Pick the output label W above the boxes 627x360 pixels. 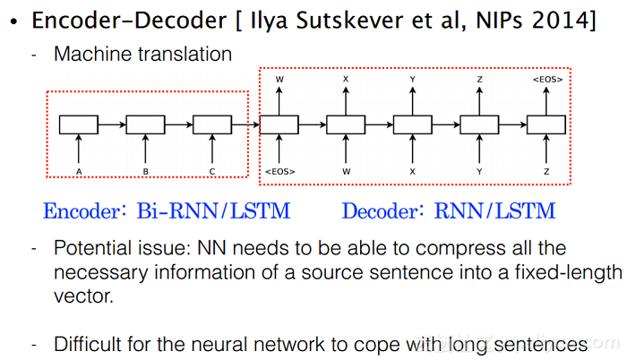[x=279, y=80]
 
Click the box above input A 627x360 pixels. [x=81, y=125]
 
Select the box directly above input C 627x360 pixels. [x=212, y=125]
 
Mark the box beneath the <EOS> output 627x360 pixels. [x=545, y=125]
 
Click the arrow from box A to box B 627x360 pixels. [x=114, y=125]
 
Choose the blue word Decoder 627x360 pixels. [x=378, y=211]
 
